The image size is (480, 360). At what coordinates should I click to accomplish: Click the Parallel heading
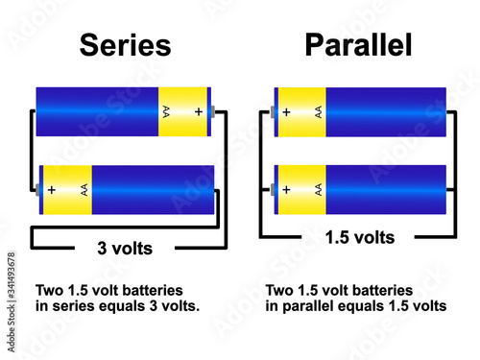[358, 45]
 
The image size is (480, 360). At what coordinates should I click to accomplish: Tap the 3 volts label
[125, 248]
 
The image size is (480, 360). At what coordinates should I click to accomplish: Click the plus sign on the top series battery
[199, 111]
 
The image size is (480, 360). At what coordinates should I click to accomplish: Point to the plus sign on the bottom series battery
[52, 189]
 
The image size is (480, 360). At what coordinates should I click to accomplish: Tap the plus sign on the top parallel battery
[287, 112]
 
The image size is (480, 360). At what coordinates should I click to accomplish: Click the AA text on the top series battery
[168, 112]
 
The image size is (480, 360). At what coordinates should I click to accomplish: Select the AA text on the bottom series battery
[84, 189]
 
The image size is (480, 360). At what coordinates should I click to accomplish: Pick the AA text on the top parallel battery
[317, 112]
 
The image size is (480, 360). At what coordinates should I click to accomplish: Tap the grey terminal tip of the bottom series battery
[37, 189]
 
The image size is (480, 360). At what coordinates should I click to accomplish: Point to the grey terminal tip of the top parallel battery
[273, 112]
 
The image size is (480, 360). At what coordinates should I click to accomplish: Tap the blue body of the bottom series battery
[154, 189]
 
